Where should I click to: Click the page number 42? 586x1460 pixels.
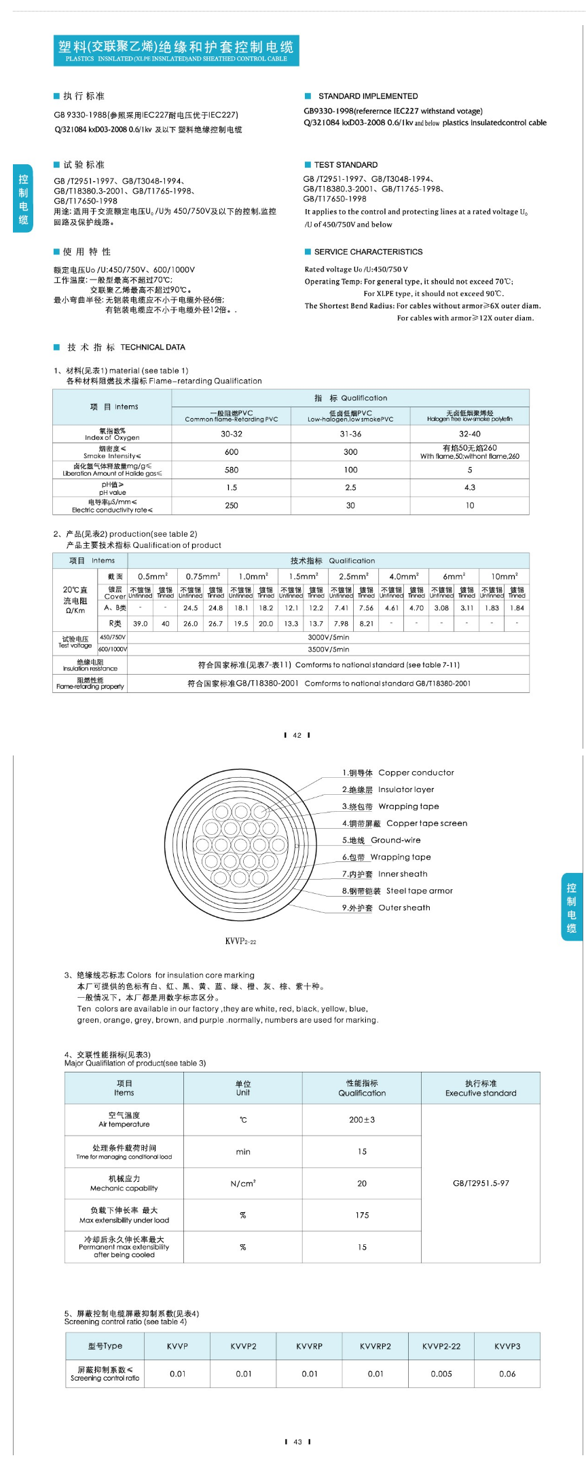point(297,735)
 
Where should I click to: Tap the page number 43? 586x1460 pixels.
point(297,1442)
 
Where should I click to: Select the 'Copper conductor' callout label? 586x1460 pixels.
point(398,772)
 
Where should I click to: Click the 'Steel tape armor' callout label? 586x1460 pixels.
point(397,891)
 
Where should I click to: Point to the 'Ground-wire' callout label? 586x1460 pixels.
point(381,840)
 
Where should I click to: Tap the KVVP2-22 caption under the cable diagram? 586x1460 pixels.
point(240,941)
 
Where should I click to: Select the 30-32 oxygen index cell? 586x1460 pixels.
point(232,434)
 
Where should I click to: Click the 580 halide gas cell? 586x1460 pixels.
point(232,470)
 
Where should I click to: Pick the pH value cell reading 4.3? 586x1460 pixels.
point(469,487)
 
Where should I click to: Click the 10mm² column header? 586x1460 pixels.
point(505,576)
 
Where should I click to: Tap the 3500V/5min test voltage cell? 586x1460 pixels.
point(328,650)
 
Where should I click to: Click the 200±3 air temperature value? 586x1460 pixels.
point(362,1120)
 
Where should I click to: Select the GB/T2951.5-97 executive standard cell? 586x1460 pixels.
point(481,1183)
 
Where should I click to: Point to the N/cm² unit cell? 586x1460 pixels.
point(243,1183)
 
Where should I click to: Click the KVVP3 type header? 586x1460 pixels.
point(507,1346)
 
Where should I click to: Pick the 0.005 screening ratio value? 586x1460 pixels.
point(441,1374)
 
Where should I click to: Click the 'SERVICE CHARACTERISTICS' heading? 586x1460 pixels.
point(368,252)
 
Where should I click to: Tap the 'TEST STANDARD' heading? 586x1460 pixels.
point(346,165)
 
